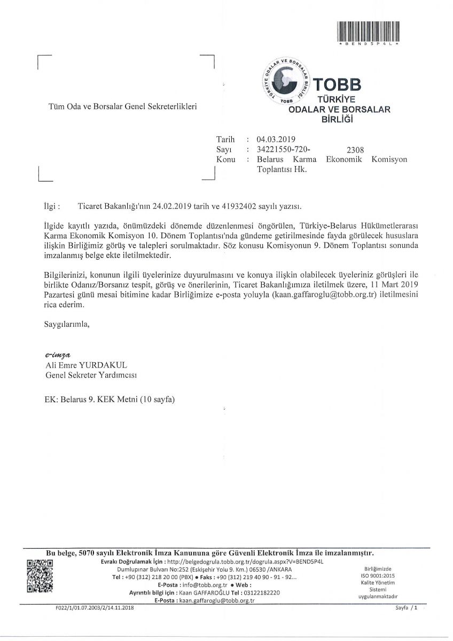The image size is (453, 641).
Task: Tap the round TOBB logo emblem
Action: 285,81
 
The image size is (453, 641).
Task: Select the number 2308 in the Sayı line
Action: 355,150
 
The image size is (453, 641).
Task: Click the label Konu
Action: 226,159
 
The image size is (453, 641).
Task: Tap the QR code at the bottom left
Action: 40,576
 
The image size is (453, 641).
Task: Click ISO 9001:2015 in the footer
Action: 378,576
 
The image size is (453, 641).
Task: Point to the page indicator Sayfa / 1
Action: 407,608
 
